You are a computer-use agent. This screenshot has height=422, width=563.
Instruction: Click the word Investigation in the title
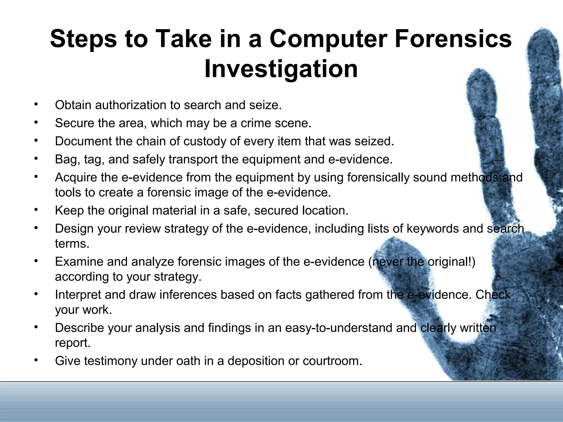(281, 69)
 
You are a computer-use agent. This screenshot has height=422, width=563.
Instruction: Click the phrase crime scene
(276, 123)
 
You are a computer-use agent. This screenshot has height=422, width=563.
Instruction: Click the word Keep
(69, 210)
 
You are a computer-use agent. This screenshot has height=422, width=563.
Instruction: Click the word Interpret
(78, 295)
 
